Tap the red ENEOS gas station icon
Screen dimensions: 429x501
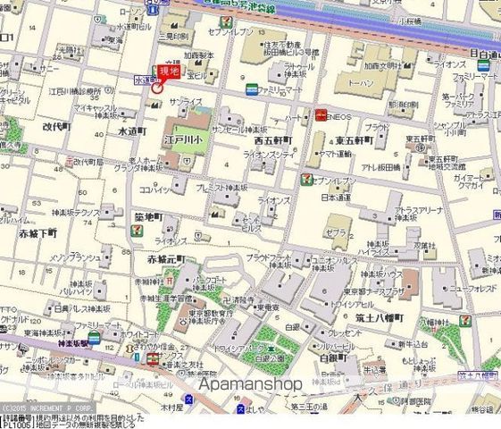pyautogui.click(x=319, y=114)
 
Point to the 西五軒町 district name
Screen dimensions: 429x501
pyautogui.click(x=272, y=141)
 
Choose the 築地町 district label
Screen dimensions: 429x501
pyautogui.click(x=147, y=216)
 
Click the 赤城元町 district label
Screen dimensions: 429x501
pyautogui.click(x=167, y=259)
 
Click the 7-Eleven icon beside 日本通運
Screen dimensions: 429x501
pyautogui.click(x=306, y=180)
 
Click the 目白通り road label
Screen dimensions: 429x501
pyautogui.click(x=486, y=55)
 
